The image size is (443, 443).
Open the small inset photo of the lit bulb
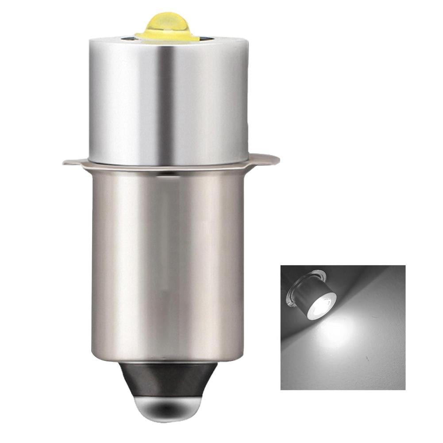coord(343,327)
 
